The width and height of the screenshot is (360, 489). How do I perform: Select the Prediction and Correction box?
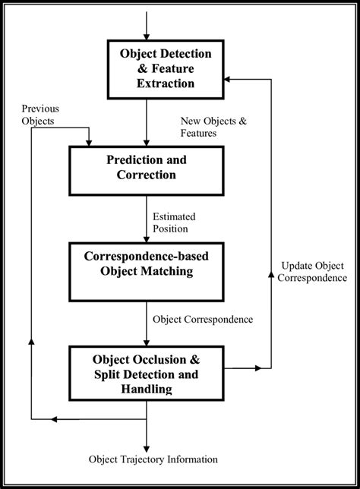(146, 169)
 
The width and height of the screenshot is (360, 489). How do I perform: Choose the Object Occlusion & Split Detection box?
(146, 373)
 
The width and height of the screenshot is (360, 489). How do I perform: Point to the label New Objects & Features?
(210, 126)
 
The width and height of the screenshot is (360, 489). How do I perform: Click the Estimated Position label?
(179, 222)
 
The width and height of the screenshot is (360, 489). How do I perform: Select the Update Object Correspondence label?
(314, 272)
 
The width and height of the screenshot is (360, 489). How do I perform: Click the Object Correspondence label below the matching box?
(202, 319)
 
